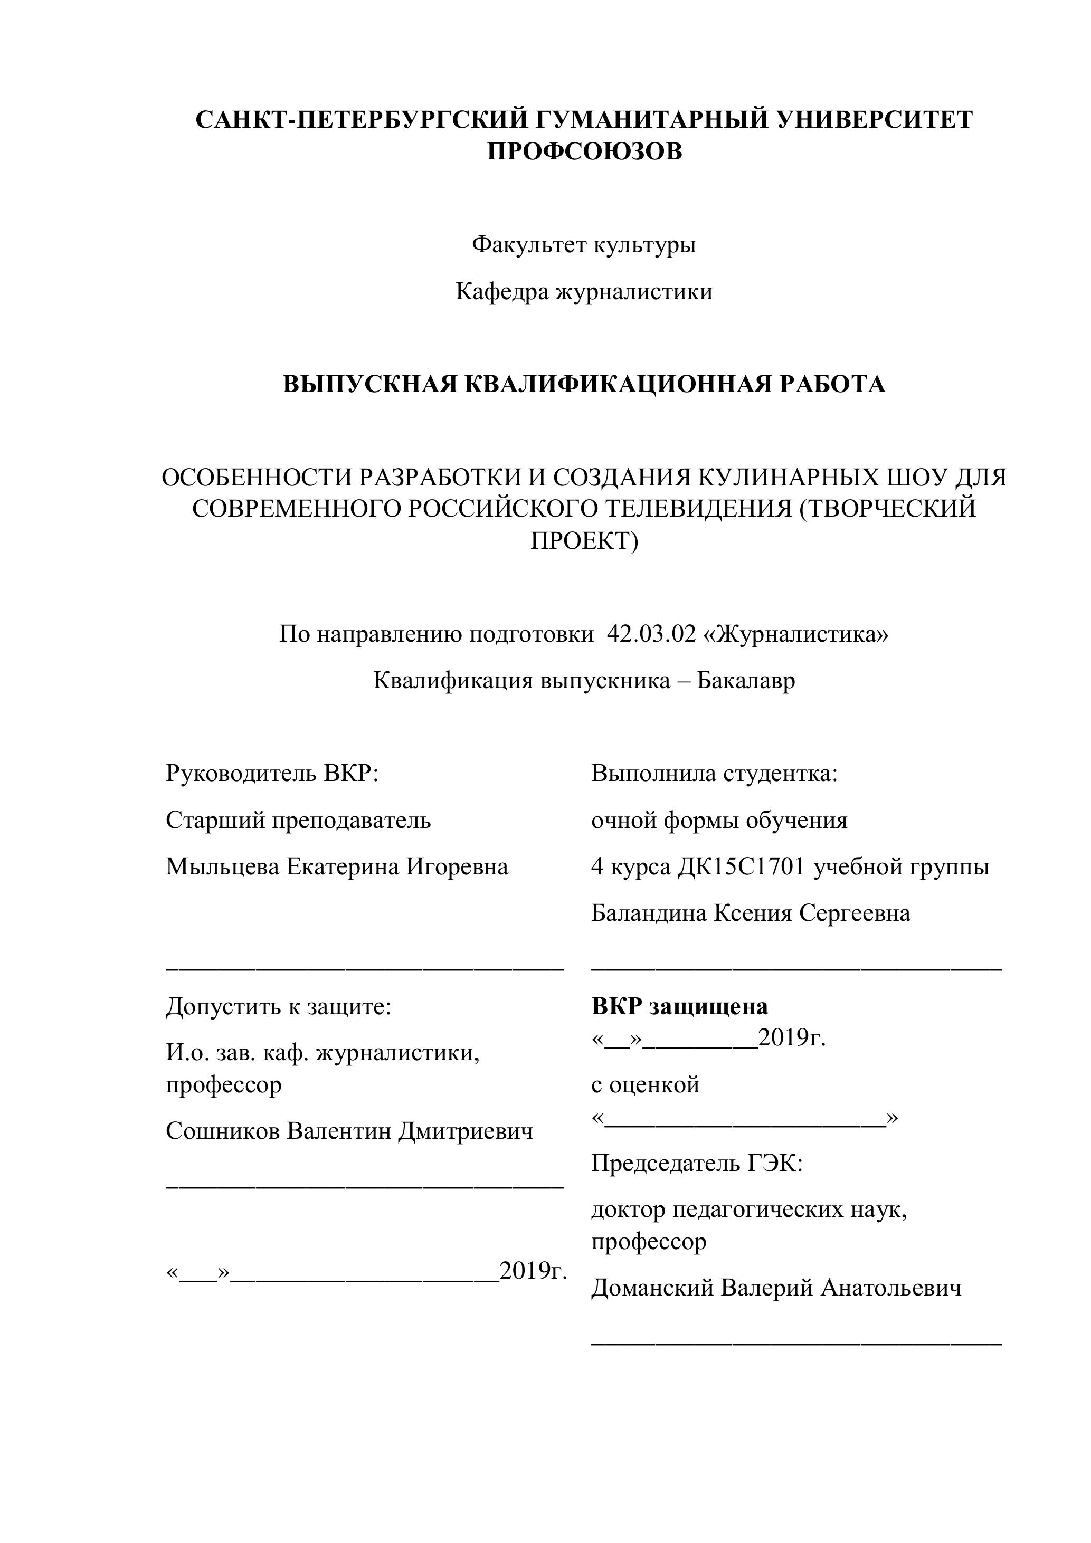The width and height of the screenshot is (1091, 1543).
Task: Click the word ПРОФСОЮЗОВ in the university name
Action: [x=584, y=152]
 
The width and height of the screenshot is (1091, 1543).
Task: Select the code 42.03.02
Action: [x=651, y=634]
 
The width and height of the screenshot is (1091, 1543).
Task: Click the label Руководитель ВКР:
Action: [x=272, y=774]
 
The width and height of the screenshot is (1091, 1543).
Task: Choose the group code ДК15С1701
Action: [x=741, y=867]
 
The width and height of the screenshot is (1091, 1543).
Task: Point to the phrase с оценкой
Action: [x=646, y=1084]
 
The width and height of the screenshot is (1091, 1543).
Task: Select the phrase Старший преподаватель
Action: [x=298, y=821]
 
